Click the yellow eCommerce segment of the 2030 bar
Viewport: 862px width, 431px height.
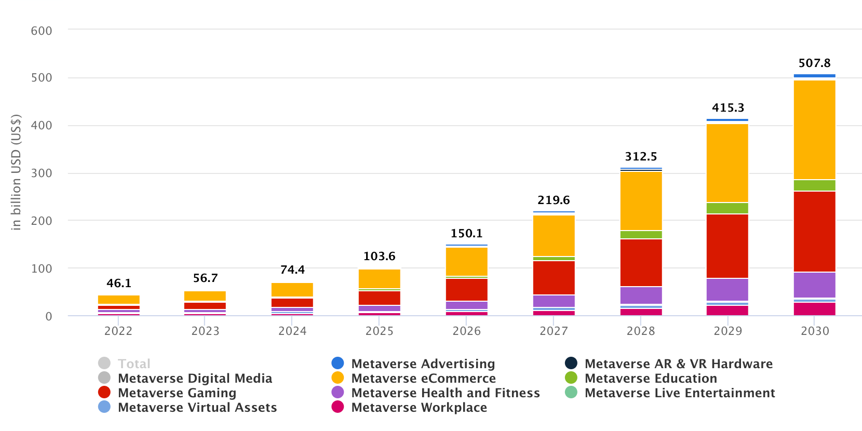814,130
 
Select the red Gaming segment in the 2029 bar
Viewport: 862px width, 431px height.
727,246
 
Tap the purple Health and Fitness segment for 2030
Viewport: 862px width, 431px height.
814,285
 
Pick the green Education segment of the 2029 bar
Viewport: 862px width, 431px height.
727,208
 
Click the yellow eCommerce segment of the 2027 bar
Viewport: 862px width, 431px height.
554,236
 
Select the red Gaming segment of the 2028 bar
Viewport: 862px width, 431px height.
641,263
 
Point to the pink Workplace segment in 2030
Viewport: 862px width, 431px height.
814,309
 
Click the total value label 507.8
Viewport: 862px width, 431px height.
814,63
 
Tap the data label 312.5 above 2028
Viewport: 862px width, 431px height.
641,157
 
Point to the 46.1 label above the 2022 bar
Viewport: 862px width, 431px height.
119,284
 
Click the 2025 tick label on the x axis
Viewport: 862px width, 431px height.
379,331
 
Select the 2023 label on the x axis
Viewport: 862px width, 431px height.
205,331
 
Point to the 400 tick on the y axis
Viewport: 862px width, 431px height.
42,126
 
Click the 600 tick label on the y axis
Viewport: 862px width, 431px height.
42,31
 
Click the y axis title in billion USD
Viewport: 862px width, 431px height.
16,172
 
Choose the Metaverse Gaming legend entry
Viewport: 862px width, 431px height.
177,393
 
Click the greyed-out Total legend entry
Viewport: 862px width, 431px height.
133,364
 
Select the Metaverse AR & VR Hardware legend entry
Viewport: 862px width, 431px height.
678,364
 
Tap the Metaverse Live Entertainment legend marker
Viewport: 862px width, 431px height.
571,393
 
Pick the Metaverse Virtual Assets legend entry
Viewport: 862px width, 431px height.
197,408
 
